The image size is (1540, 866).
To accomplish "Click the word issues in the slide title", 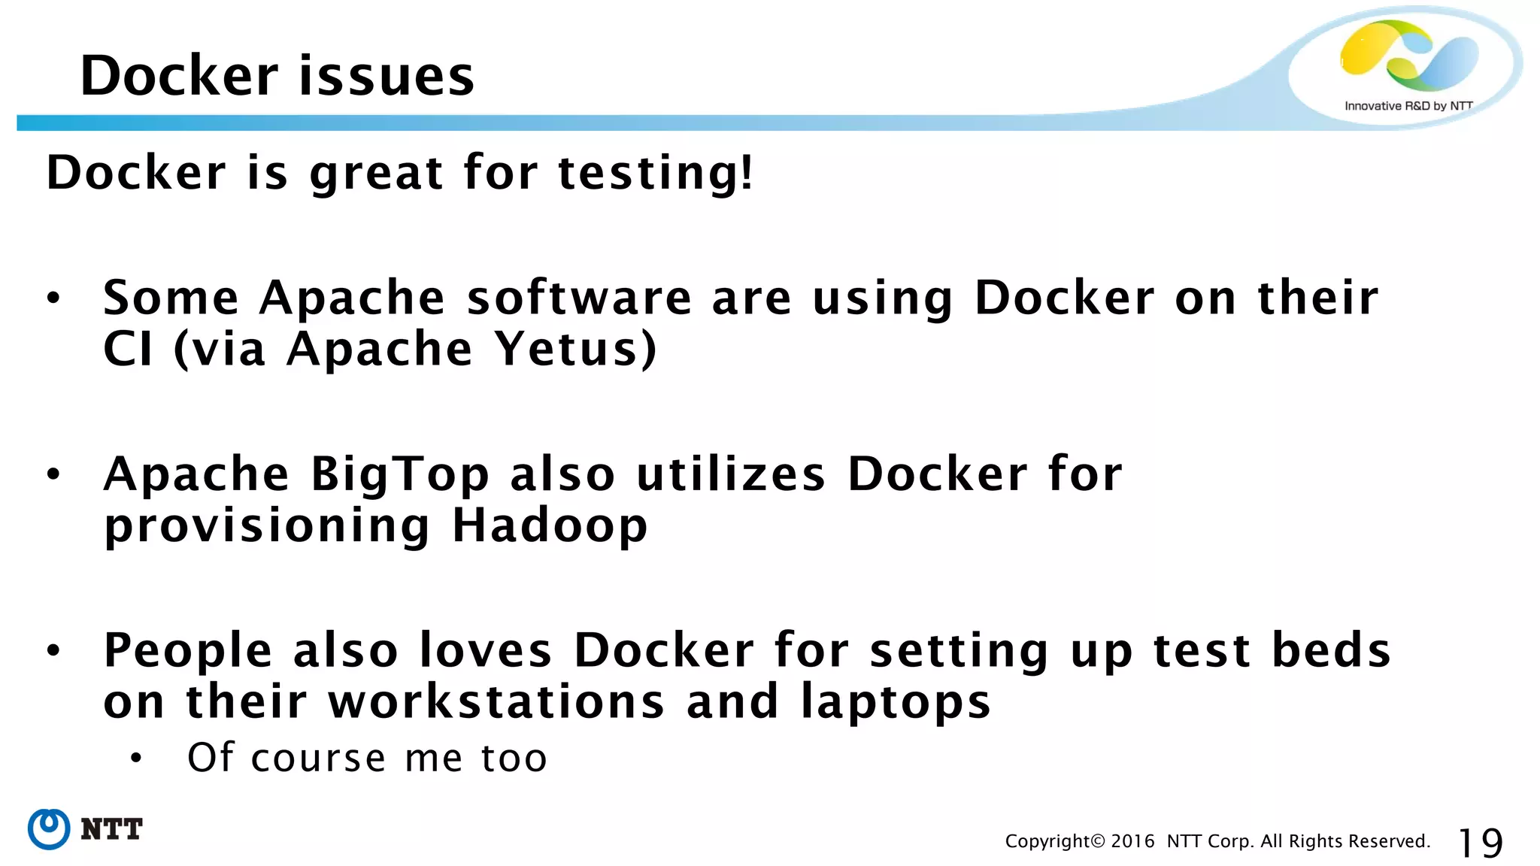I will point(387,76).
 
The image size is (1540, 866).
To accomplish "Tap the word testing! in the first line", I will point(655,173).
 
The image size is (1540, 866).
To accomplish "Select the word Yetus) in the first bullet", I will point(575,350).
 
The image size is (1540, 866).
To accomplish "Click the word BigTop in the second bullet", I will point(400,476).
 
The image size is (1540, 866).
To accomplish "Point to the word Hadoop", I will point(550,525).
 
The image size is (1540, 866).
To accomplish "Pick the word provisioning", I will point(267,525).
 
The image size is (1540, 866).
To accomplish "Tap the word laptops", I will point(895,703).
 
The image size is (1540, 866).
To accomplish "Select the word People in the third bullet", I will point(188,650).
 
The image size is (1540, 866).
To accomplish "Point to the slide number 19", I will point(1480,843).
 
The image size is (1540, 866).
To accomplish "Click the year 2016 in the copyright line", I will point(1132,841).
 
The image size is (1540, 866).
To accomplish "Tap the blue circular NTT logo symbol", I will point(49,829).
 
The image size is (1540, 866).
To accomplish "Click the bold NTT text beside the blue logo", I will point(111,829).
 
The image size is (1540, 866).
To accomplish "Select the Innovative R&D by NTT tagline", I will point(1408,106).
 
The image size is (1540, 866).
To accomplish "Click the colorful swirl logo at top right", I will point(1408,55).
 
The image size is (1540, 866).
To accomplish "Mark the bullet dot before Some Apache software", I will point(53,298).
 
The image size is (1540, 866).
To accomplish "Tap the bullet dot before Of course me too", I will point(135,759).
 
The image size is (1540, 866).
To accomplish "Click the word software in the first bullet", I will point(579,298).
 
